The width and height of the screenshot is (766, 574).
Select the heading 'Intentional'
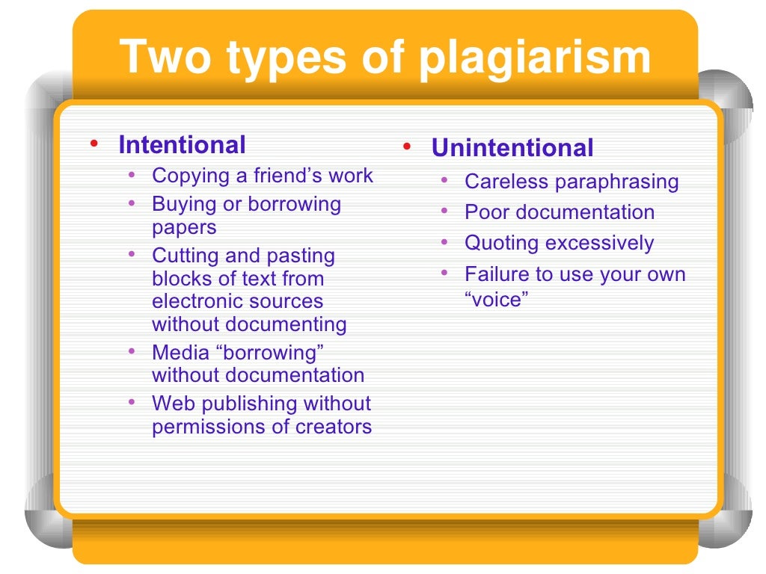(x=182, y=144)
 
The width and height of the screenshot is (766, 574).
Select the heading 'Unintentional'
(x=512, y=148)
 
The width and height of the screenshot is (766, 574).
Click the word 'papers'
(x=184, y=227)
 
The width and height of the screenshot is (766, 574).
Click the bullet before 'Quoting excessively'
(x=444, y=242)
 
